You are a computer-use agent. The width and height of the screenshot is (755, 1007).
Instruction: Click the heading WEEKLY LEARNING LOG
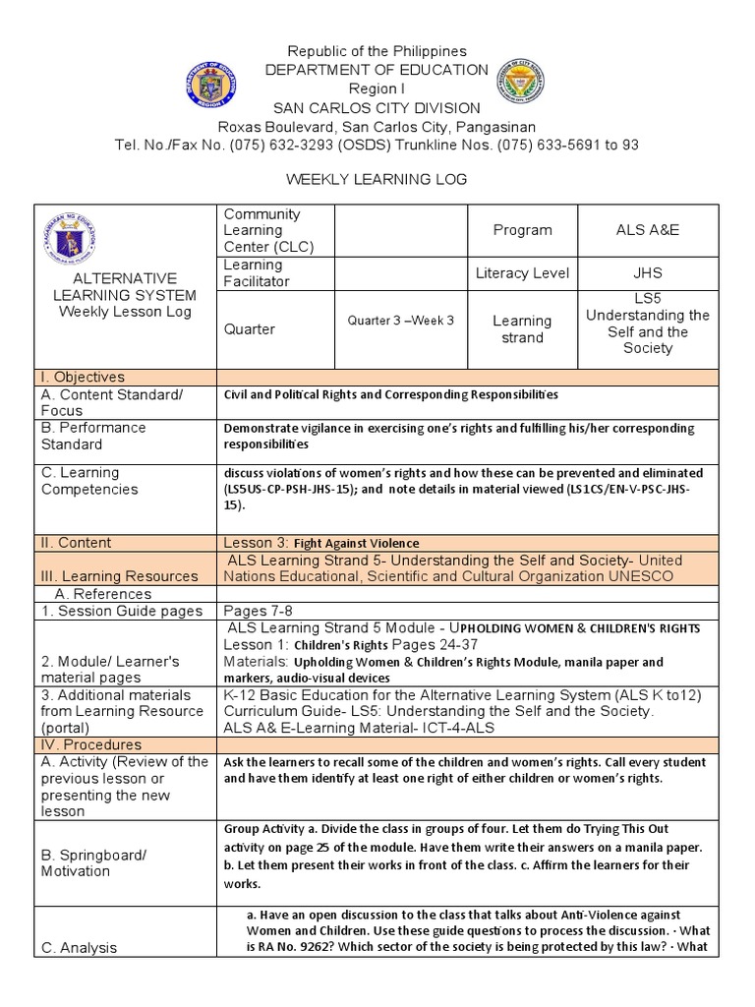[x=377, y=180]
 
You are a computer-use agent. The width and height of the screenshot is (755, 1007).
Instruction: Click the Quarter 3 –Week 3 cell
[x=400, y=321]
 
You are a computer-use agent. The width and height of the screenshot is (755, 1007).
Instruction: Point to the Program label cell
[x=522, y=230]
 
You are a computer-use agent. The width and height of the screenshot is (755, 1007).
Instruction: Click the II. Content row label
[x=75, y=542]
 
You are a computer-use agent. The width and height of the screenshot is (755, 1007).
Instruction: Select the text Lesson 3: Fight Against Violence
[x=321, y=543]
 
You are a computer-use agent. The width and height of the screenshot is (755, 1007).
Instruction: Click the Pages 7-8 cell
[x=255, y=610]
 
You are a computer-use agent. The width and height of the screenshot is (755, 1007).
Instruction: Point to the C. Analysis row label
[x=79, y=947]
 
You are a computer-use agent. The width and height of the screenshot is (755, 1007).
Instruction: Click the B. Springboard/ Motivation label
[x=93, y=863]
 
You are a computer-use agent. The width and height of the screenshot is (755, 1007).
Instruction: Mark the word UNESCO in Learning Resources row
[x=641, y=576]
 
